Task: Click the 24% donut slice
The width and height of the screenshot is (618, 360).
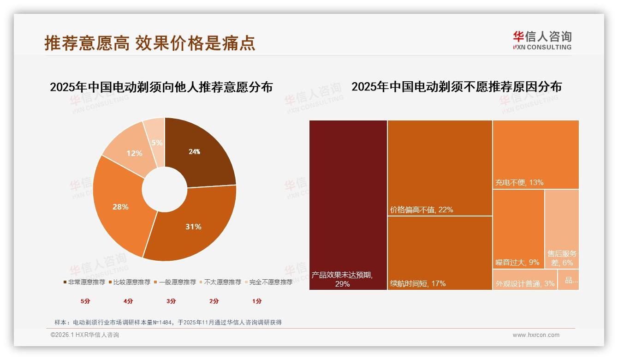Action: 198,152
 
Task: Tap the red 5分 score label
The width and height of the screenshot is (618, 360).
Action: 85,301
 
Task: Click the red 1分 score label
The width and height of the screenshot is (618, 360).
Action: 257,301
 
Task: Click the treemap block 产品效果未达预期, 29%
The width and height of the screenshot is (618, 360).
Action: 348,205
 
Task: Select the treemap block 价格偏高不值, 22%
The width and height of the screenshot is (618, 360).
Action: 440,168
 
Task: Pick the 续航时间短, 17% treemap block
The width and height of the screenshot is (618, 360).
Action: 440,253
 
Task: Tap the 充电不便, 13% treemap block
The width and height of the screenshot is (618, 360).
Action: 535,154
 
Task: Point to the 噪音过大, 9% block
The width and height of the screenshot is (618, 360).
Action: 518,229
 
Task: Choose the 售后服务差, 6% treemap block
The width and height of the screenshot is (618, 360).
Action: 562,229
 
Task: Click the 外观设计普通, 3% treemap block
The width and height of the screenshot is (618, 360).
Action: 525,280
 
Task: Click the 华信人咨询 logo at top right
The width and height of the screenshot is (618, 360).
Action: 542,40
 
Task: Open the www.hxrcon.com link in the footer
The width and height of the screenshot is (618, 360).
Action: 536,335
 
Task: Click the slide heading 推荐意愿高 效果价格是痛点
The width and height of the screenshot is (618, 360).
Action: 150,43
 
